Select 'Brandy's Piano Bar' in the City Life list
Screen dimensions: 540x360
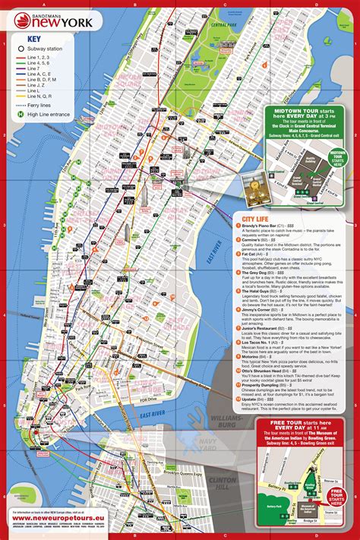(263, 226)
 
